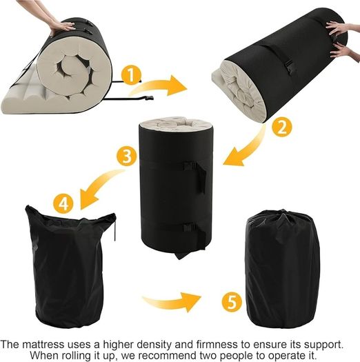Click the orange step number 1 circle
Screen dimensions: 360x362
[x=131, y=74]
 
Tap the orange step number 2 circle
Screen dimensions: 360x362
[x=281, y=127]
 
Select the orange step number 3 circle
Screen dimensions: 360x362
[x=126, y=156]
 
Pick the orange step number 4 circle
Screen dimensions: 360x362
[x=63, y=204]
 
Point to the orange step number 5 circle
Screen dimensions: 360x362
[x=232, y=302]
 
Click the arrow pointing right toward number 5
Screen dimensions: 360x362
[x=172, y=301]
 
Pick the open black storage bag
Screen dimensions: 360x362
[x=69, y=265]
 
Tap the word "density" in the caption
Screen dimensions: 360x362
[x=153, y=345]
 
